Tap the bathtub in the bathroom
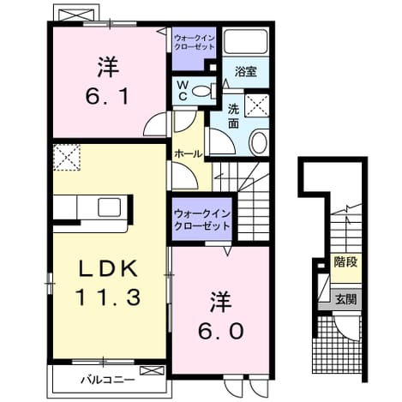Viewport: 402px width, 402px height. (x=245, y=41)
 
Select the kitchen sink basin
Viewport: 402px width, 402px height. (x=109, y=207)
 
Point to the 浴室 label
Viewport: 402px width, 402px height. (x=246, y=71)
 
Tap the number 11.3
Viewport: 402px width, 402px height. (x=108, y=297)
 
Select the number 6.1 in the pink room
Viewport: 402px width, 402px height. (x=107, y=95)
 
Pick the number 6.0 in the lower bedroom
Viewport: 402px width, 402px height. (x=221, y=331)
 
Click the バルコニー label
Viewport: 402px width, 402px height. (x=108, y=380)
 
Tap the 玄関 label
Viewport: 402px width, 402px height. (x=346, y=299)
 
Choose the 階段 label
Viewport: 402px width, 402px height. (x=345, y=261)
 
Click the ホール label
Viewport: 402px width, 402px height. (x=189, y=154)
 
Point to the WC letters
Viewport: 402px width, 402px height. (x=183, y=91)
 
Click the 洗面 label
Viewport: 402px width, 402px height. (x=234, y=116)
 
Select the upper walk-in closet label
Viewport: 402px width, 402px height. (x=195, y=42)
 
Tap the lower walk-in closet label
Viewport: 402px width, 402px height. (x=202, y=220)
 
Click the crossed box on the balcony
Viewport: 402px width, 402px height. (x=152, y=370)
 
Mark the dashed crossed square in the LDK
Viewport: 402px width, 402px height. (x=67, y=158)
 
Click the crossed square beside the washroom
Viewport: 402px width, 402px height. (x=257, y=105)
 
